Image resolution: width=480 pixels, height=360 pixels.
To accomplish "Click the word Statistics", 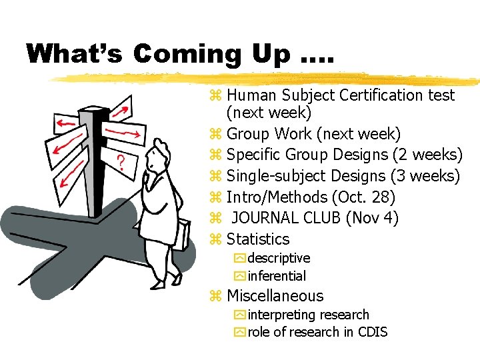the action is point(258,239).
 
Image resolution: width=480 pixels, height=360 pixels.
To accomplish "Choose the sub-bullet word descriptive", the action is point(279,258).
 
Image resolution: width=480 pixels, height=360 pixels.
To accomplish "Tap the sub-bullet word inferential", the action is point(277,276).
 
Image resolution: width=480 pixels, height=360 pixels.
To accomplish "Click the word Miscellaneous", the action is point(275,296).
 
